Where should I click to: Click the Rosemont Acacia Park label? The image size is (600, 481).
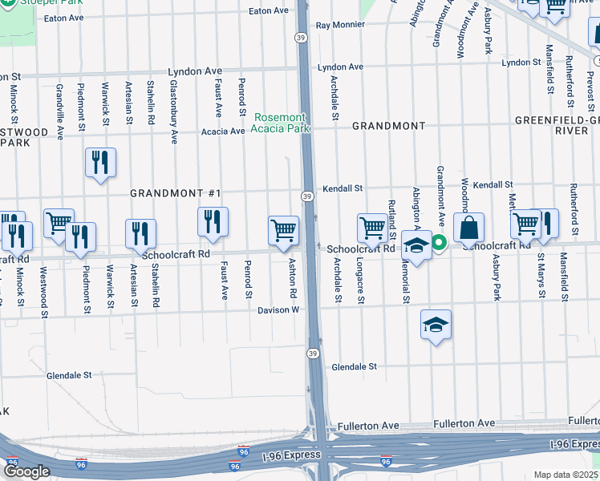click(280, 123)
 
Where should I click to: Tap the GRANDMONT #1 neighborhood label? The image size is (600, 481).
click(175, 194)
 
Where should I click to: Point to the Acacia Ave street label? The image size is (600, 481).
click(223, 131)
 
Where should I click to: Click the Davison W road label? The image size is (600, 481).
click(278, 309)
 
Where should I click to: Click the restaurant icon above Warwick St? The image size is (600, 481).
click(101, 162)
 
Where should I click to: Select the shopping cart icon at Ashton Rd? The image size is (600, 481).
click(284, 231)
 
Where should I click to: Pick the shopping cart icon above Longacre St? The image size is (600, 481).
click(372, 228)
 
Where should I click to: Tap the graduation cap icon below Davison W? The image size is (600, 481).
click(436, 325)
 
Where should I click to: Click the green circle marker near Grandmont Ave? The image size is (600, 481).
click(439, 241)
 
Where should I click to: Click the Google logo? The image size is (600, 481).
click(26, 472)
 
